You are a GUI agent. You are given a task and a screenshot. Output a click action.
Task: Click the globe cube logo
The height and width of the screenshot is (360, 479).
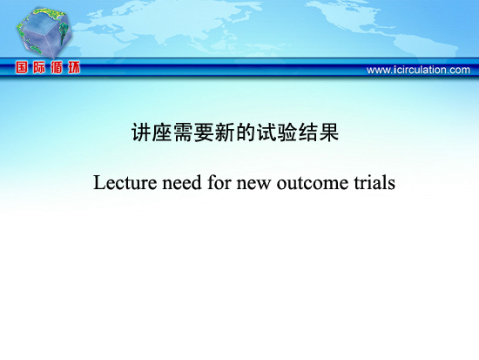[44, 32]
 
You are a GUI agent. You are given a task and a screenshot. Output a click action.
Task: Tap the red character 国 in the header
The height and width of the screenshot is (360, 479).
[22, 67]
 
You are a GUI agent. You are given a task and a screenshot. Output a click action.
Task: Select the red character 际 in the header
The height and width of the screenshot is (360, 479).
[39, 67]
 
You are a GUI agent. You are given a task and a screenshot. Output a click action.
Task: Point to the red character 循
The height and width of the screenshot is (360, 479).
[57, 67]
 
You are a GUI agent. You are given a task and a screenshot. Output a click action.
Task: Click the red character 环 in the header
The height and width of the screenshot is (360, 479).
[74, 67]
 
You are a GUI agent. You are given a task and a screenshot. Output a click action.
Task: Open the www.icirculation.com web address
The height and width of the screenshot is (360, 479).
[418, 70]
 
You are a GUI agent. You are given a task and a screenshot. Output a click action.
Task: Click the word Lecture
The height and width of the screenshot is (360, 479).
[125, 182]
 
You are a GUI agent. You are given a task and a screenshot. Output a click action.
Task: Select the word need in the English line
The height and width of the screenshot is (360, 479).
[182, 182]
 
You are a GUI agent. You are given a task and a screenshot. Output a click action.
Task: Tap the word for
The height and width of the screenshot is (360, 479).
[219, 182]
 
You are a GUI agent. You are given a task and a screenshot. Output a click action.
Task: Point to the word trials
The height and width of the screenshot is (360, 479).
[374, 182]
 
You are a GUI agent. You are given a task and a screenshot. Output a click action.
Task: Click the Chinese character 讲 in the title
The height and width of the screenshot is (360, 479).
[141, 132]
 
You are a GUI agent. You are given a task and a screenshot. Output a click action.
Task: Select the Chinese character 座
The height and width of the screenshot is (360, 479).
[162, 132]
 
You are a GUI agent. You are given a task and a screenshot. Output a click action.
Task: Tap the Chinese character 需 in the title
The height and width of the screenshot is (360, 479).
[183, 132]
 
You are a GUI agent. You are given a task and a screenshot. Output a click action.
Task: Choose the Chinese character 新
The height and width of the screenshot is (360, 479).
[225, 132]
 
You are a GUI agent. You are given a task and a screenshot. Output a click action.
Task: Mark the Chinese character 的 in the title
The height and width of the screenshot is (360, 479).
[246, 132]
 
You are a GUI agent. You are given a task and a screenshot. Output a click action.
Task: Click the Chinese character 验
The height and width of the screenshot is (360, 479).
[287, 132]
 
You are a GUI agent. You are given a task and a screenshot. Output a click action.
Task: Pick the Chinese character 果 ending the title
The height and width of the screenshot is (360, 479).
[329, 132]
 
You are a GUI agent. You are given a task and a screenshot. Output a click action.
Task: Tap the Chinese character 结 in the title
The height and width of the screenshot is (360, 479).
[308, 132]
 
